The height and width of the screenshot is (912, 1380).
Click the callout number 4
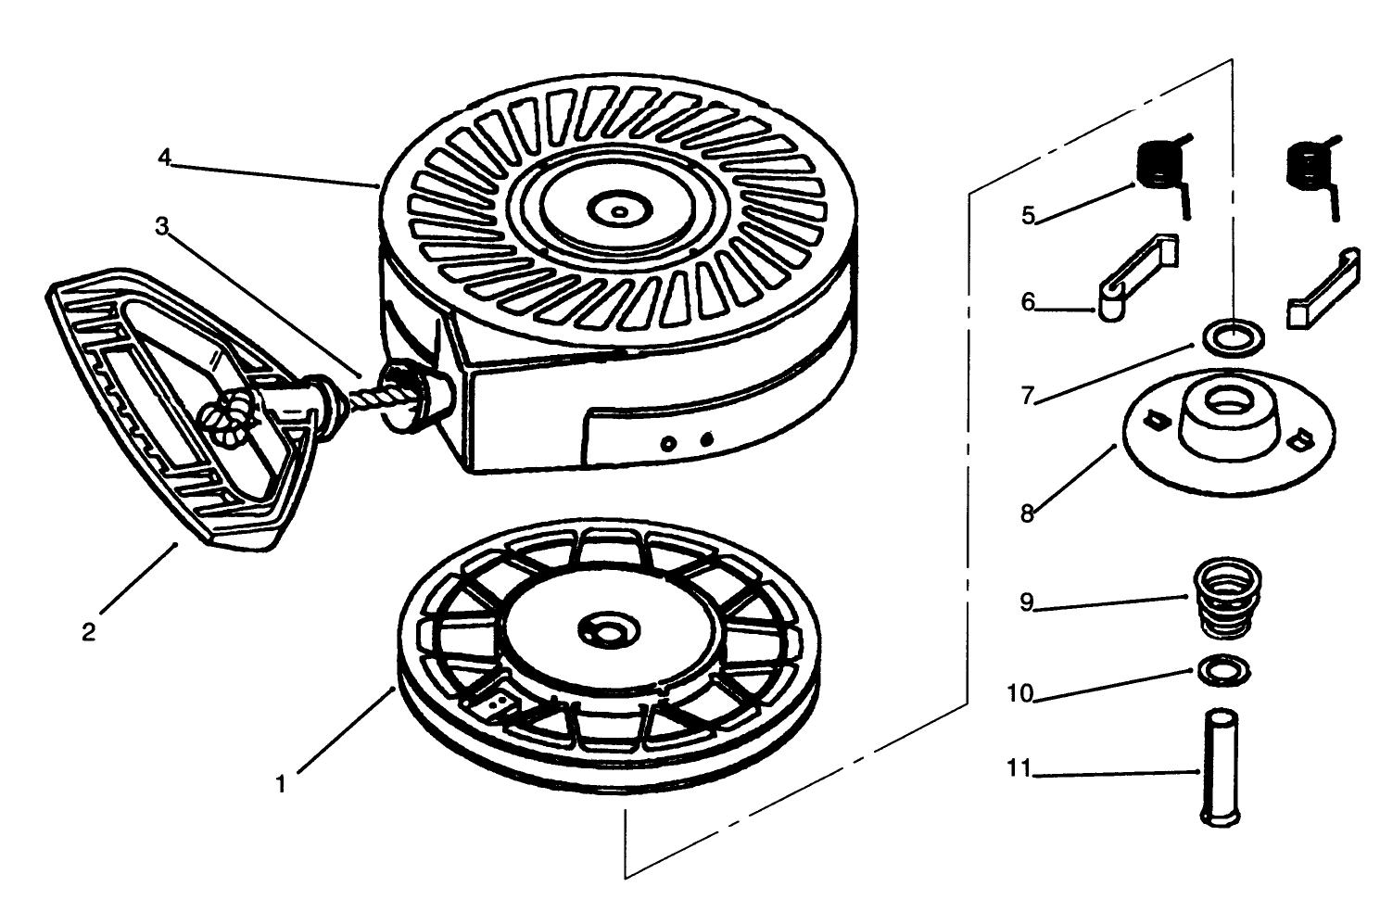pyautogui.click(x=164, y=158)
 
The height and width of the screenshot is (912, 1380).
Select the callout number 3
pyautogui.click(x=161, y=226)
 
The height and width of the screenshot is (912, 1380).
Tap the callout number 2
pyautogui.click(x=89, y=632)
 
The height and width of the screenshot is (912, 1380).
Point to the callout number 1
pyautogui.click(x=281, y=784)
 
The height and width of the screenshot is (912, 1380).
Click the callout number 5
pyautogui.click(x=1028, y=215)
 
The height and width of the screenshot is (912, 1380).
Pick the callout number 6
pyautogui.click(x=1028, y=302)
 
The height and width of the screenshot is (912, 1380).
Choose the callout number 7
pyautogui.click(x=1027, y=395)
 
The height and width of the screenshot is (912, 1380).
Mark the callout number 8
pyautogui.click(x=1027, y=513)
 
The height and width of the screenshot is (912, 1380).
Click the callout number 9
pyautogui.click(x=1026, y=602)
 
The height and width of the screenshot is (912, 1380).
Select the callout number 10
pyautogui.click(x=1019, y=693)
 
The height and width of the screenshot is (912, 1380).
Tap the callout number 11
pyautogui.click(x=1019, y=768)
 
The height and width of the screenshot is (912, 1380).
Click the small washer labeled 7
pyautogui.click(x=1233, y=338)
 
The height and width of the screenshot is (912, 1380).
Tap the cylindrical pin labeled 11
pyautogui.click(x=1221, y=768)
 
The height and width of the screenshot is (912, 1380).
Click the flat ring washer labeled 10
pyautogui.click(x=1223, y=671)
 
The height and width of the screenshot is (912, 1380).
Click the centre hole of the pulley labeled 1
pyautogui.click(x=611, y=632)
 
